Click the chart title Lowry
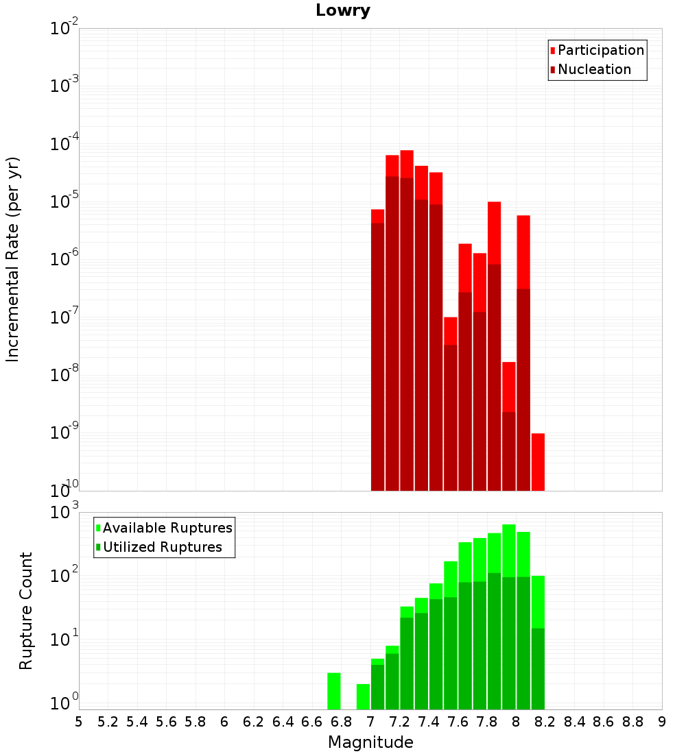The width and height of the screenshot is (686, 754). pyautogui.click(x=343, y=11)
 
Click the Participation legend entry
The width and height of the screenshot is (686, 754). pyautogui.click(x=601, y=50)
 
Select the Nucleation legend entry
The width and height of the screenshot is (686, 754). pyautogui.click(x=594, y=69)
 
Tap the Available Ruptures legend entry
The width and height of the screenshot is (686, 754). pyautogui.click(x=167, y=528)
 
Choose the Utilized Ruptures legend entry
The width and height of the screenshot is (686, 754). pyautogui.click(x=162, y=547)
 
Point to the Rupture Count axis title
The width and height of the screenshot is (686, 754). pyautogui.click(x=26, y=610)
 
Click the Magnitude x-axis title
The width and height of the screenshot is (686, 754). pyautogui.click(x=370, y=742)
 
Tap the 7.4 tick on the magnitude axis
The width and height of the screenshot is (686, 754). pyautogui.click(x=429, y=722)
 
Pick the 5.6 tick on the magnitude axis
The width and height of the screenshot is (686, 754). pyautogui.click(x=167, y=722)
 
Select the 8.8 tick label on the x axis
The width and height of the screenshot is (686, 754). pyautogui.click(x=632, y=722)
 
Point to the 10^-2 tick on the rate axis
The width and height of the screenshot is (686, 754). pyautogui.click(x=64, y=29)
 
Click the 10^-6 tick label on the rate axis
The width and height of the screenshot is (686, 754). pyautogui.click(x=64, y=259)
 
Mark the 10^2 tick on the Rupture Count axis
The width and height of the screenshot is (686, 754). pyautogui.click(x=64, y=576)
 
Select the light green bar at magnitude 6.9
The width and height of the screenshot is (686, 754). pyautogui.click(x=363, y=696)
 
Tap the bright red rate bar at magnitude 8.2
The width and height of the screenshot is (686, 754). pyautogui.click(x=538, y=462)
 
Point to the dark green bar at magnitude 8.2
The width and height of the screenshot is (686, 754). pyautogui.click(x=538, y=668)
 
